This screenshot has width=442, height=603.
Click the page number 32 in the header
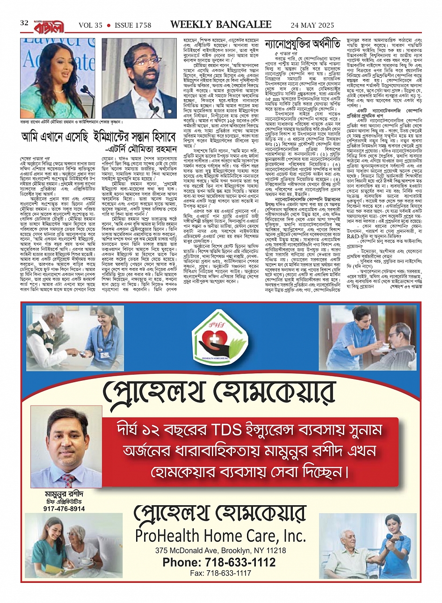pos(24,23)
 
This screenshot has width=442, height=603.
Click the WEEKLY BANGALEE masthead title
pos(221,24)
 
